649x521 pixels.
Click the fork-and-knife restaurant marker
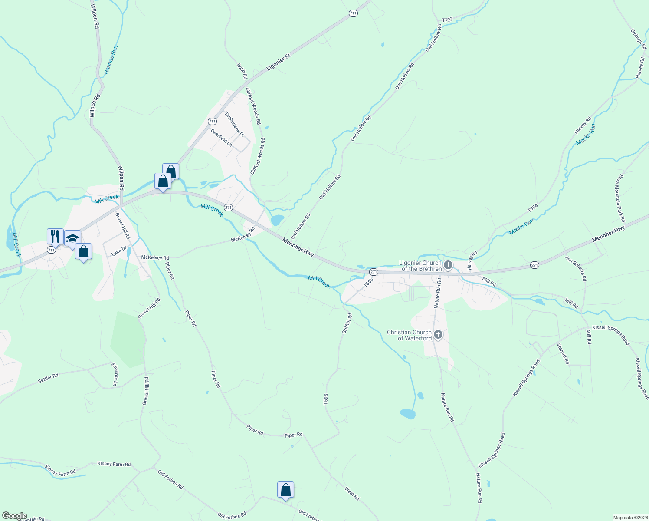pos(55,237)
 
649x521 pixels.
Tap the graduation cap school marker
pos(72,238)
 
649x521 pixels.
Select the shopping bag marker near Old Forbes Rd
pos(285,490)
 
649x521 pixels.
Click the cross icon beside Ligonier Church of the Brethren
pos(448,265)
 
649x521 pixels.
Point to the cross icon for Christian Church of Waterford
pos(438,334)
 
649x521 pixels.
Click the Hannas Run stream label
pos(111,59)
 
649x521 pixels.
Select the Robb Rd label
pos(242,71)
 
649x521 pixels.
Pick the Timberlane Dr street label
pos(234,125)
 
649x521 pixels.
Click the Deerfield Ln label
pos(221,137)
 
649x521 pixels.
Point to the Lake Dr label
pos(119,251)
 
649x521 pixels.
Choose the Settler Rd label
pos(48,378)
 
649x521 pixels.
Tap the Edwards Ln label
pos(115,374)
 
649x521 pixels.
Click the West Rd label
pos(352,493)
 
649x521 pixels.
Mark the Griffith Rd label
pos(347,324)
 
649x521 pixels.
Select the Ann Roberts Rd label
pos(576,268)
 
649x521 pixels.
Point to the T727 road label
pos(447,20)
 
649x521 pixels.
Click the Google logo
pos(14,516)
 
